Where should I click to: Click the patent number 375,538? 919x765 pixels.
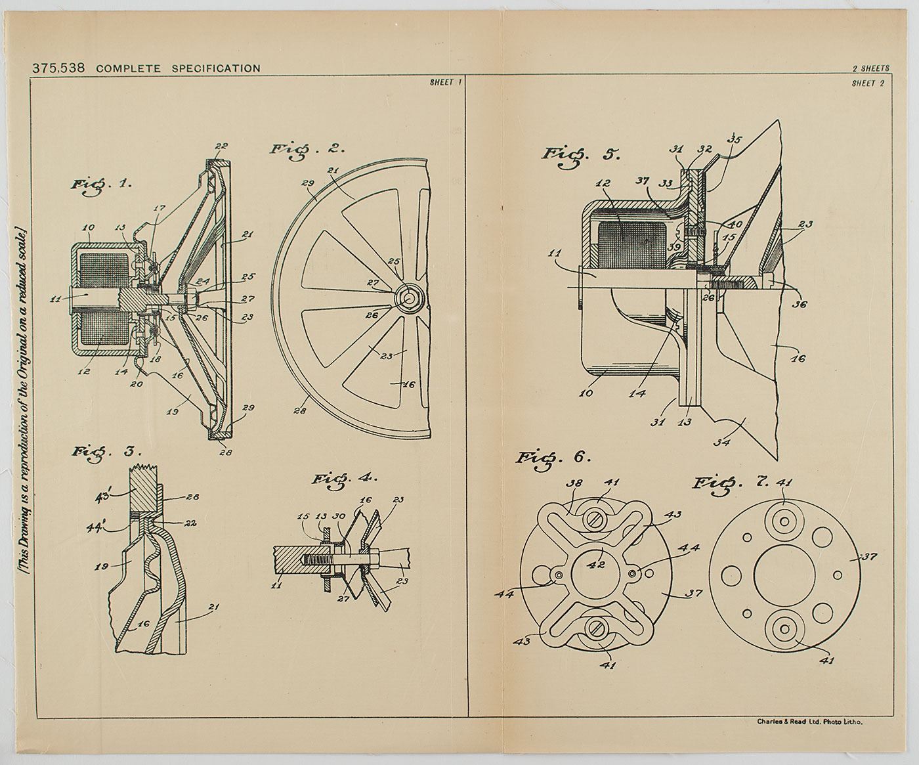(x=60, y=68)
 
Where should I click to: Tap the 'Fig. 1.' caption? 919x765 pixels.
(x=101, y=184)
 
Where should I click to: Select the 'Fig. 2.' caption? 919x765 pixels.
(x=307, y=148)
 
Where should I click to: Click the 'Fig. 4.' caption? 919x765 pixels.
(x=344, y=479)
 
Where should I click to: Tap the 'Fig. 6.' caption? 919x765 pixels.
(x=553, y=457)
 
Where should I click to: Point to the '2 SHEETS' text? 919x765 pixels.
(x=870, y=68)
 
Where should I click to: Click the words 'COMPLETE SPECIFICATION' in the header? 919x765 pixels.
(x=177, y=68)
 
